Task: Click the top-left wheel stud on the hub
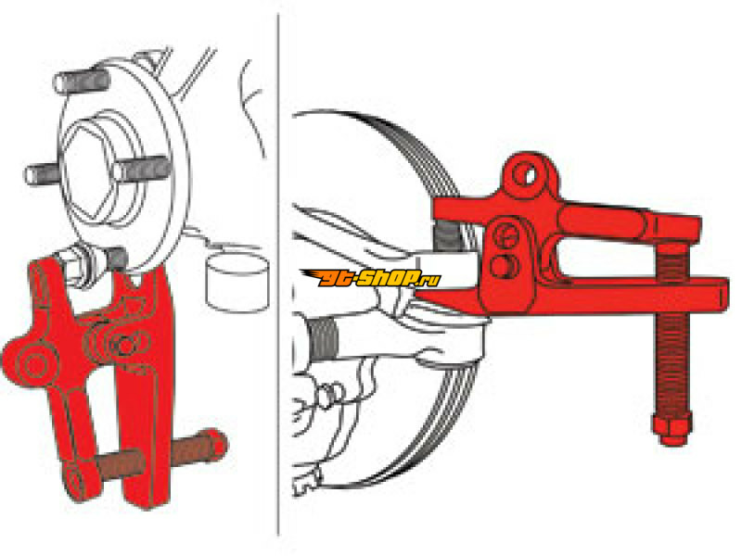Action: (82, 82)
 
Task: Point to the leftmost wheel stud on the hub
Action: (44, 174)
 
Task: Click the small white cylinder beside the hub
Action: (237, 282)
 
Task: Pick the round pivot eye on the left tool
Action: (34, 364)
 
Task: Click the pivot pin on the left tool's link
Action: (126, 346)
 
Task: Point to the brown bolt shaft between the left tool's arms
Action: (121, 463)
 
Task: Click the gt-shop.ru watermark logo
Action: (371, 278)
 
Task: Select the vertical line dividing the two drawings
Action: (277, 274)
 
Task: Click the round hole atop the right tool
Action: (525, 174)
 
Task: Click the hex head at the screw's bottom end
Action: (672, 429)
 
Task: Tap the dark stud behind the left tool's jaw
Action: (117, 260)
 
